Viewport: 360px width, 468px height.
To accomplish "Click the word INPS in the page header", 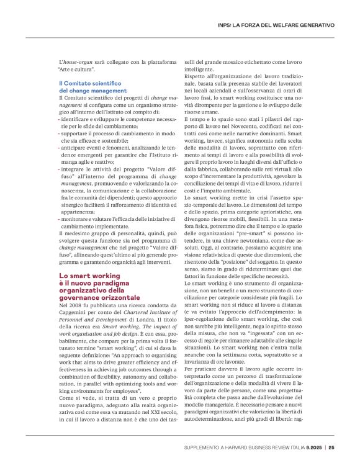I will tap(227, 25).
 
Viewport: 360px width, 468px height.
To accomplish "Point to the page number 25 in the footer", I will tap(332, 447).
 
